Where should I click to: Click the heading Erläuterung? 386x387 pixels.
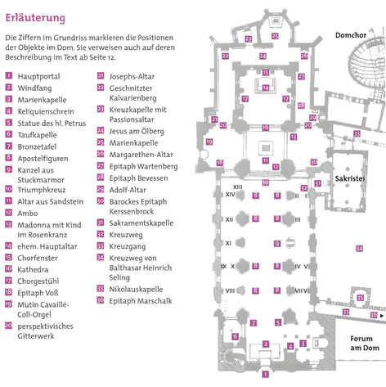35,18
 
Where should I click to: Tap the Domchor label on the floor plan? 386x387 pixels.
351,35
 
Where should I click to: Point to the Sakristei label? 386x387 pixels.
350,178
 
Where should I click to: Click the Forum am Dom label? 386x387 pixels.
365,343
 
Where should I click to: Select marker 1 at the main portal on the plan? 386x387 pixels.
265,374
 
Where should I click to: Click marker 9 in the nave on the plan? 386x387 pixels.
277,243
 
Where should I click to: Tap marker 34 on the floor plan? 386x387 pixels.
359,249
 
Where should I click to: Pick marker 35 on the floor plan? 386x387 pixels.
361,298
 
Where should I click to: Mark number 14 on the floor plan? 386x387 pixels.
266,88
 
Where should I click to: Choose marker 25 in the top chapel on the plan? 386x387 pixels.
275,36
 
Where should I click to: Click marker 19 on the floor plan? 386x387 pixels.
209,142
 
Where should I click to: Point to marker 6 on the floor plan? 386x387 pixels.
236,336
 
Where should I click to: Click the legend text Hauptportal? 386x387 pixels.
38,76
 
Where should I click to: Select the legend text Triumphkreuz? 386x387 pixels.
42,190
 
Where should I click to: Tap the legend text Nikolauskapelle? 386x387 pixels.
136,289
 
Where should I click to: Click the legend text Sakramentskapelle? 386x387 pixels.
141,223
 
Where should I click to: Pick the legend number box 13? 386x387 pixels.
9,224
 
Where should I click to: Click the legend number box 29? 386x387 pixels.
101,189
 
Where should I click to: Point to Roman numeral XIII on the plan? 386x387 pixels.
238,187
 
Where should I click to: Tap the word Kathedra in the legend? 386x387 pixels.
33,270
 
